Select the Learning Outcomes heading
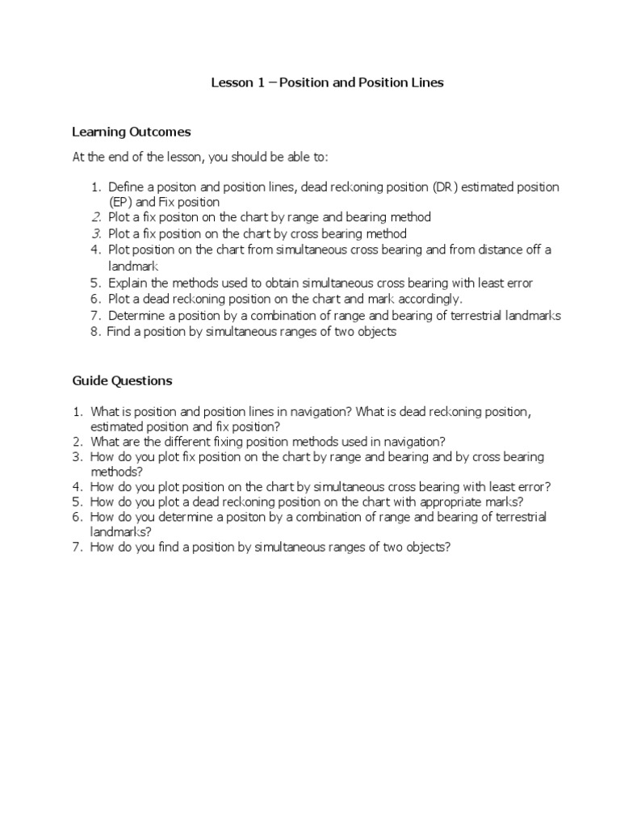point(131,132)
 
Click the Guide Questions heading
point(122,380)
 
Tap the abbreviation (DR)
point(446,187)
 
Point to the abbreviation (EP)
point(121,202)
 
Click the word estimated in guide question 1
point(119,426)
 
